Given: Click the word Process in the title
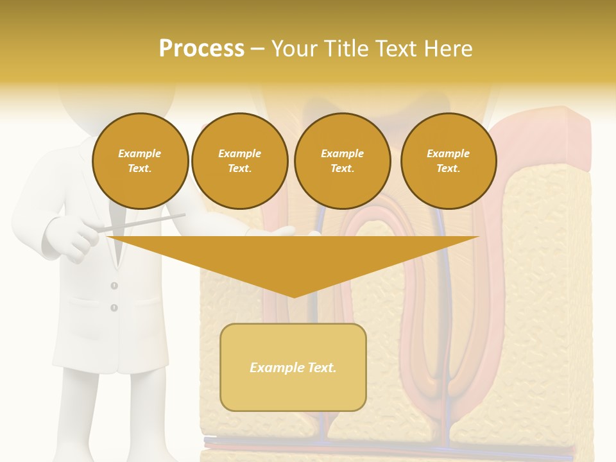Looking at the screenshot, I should (x=201, y=49).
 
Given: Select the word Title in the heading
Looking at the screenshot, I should (x=350, y=49).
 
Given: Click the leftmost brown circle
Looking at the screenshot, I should (x=140, y=160).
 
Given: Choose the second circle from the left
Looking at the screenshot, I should (x=239, y=160).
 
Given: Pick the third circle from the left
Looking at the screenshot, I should (x=342, y=160).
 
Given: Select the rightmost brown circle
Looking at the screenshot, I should (x=448, y=160).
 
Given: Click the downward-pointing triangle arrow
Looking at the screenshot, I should (x=293, y=260).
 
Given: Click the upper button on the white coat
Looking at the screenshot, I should (x=114, y=286).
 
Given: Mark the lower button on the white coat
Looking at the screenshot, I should (x=114, y=308).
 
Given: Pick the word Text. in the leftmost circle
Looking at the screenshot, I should (x=140, y=169).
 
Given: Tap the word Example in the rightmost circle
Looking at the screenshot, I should (x=448, y=153).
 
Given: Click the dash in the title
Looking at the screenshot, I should (x=258, y=49).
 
